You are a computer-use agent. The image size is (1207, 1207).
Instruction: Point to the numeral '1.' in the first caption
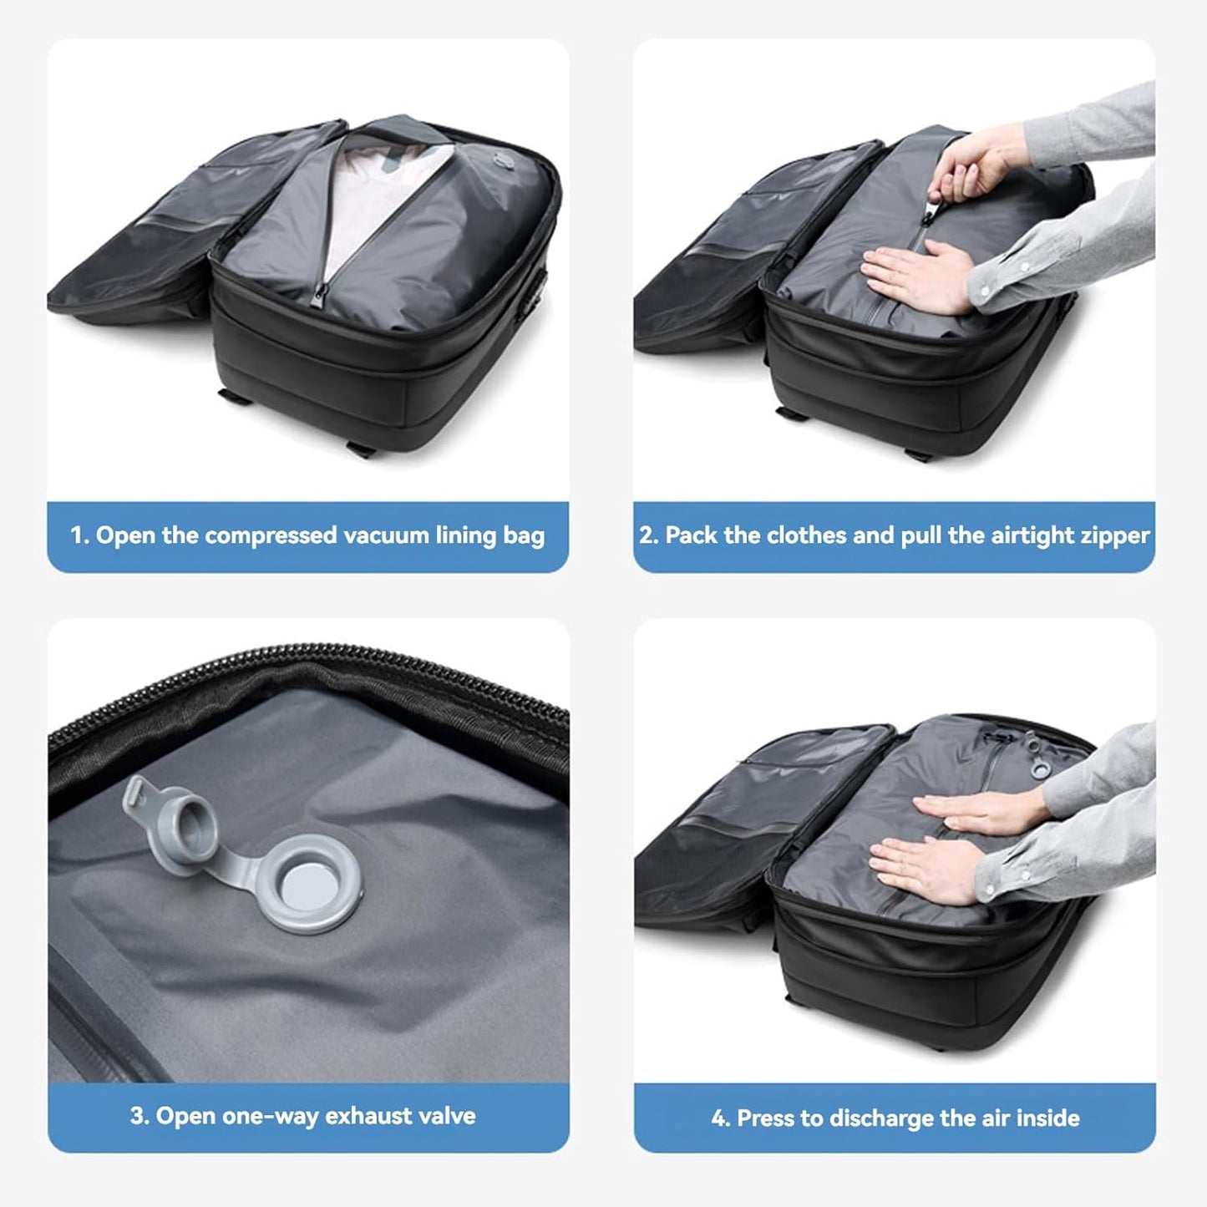[x=80, y=535]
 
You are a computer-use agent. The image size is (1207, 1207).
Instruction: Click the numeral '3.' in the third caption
[x=139, y=1116]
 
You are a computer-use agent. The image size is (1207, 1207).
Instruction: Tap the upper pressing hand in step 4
[x=969, y=810]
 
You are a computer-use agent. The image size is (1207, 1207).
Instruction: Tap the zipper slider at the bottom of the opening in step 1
[x=321, y=297]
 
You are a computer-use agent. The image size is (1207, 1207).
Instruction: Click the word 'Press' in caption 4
[x=763, y=1118]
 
